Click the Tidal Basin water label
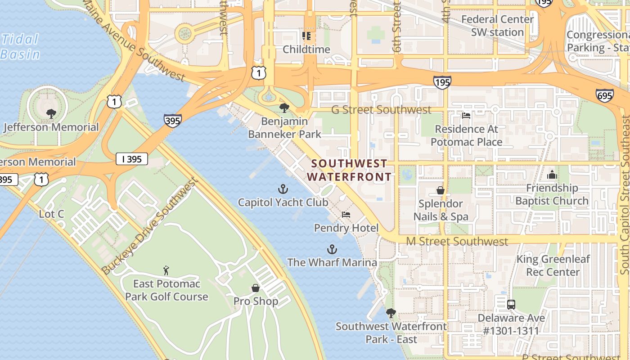click(20, 47)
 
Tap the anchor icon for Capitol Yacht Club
click(283, 189)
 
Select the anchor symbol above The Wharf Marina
click(332, 249)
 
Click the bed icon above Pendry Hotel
click(346, 215)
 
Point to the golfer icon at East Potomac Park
click(166, 270)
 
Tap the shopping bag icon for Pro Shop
click(256, 288)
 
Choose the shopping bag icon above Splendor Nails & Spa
click(441, 190)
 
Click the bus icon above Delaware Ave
click(511, 305)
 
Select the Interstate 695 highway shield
click(604, 95)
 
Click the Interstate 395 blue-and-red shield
click(173, 121)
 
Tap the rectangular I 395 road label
click(132, 159)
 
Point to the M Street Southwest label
click(457, 242)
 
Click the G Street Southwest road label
click(381, 110)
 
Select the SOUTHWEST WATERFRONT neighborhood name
click(349, 170)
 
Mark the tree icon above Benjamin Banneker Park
click(284, 108)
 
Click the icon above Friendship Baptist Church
click(552, 175)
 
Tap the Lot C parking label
click(51, 214)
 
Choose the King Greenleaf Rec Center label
click(553, 265)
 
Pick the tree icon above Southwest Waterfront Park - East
click(391, 313)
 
